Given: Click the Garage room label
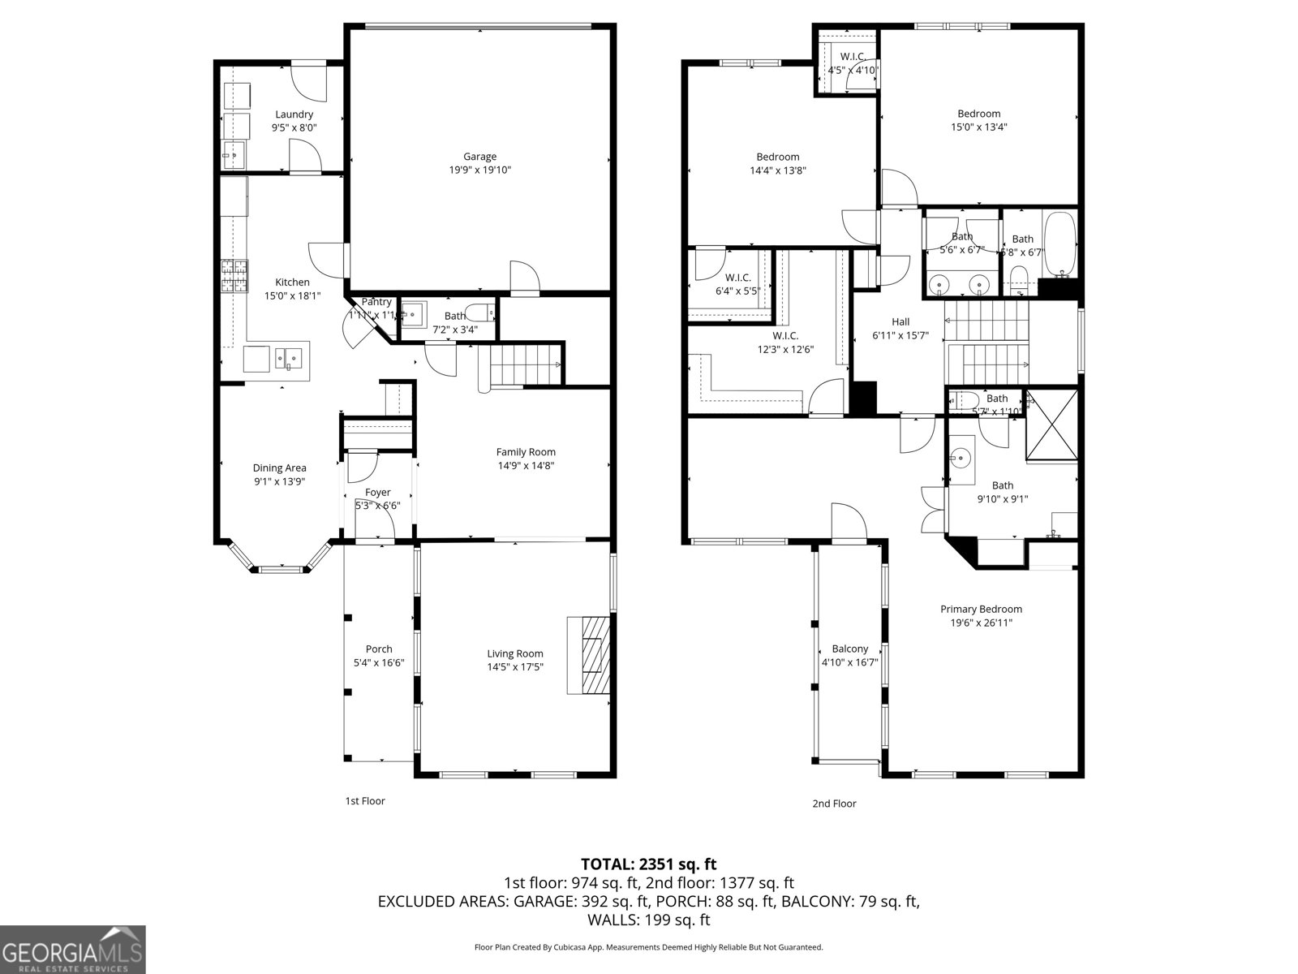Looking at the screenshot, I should click(x=479, y=157).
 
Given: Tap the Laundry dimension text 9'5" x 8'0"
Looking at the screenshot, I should click(x=294, y=127).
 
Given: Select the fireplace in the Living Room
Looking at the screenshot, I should click(x=589, y=655).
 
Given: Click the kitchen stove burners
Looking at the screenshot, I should click(x=234, y=276).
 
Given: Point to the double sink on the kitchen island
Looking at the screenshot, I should click(x=288, y=357).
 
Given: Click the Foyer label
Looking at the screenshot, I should click(x=377, y=492).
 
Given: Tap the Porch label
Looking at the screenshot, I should click(x=379, y=649).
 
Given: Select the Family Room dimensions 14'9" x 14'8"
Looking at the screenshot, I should click(x=526, y=466).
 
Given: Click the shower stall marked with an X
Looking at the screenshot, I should click(x=1052, y=425).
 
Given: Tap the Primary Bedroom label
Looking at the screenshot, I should click(x=981, y=609).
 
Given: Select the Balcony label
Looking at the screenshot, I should click(x=849, y=649).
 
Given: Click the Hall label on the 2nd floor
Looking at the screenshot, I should click(x=900, y=321).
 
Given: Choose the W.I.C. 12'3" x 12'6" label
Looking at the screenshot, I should click(x=784, y=343).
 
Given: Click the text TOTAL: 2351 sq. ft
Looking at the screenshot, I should click(x=648, y=864).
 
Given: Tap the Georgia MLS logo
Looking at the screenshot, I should click(x=72, y=949).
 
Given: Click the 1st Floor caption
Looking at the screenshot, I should click(x=365, y=801).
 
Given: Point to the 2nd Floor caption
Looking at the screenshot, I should click(x=834, y=804).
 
